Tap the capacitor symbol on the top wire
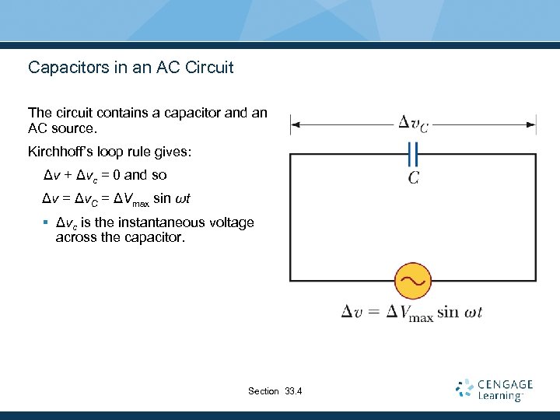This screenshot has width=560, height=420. coord(413,153)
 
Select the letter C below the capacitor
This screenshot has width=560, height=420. coord(414,178)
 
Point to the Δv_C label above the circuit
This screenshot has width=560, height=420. coord(413,123)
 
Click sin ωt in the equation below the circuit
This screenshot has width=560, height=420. coord(460,313)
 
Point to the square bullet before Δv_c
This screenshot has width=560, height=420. coord(47,223)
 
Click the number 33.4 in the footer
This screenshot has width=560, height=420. coord(294,391)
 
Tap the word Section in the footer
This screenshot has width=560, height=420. coord(264,391)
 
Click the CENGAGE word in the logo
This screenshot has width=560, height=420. coord(506,384)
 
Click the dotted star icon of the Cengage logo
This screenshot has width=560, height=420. coord(464,388)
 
